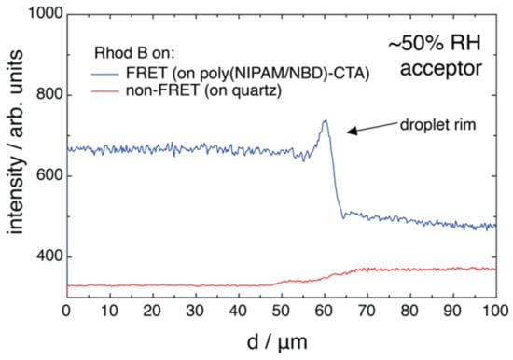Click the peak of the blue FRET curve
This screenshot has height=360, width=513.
click(x=325, y=120)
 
